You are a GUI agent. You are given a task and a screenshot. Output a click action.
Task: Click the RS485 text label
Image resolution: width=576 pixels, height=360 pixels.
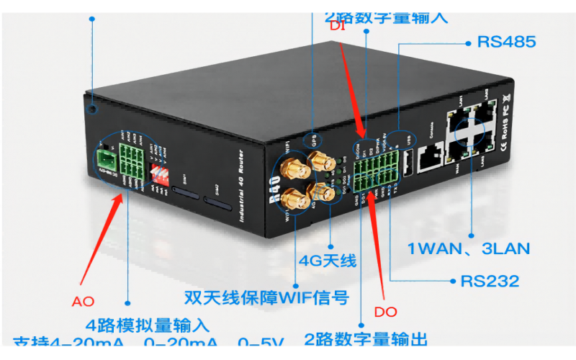506,42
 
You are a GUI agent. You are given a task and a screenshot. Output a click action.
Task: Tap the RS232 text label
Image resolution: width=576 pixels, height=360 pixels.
490,280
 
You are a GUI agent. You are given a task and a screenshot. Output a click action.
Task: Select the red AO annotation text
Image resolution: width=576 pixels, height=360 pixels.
84,300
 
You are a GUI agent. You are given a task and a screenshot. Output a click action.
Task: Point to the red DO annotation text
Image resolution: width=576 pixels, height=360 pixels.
386,312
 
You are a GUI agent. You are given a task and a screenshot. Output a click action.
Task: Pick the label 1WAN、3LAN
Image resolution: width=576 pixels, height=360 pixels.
469,249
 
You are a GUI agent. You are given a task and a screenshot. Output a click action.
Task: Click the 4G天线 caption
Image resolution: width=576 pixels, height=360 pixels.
328,261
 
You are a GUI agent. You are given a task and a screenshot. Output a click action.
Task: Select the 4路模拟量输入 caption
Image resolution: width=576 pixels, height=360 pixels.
147,325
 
